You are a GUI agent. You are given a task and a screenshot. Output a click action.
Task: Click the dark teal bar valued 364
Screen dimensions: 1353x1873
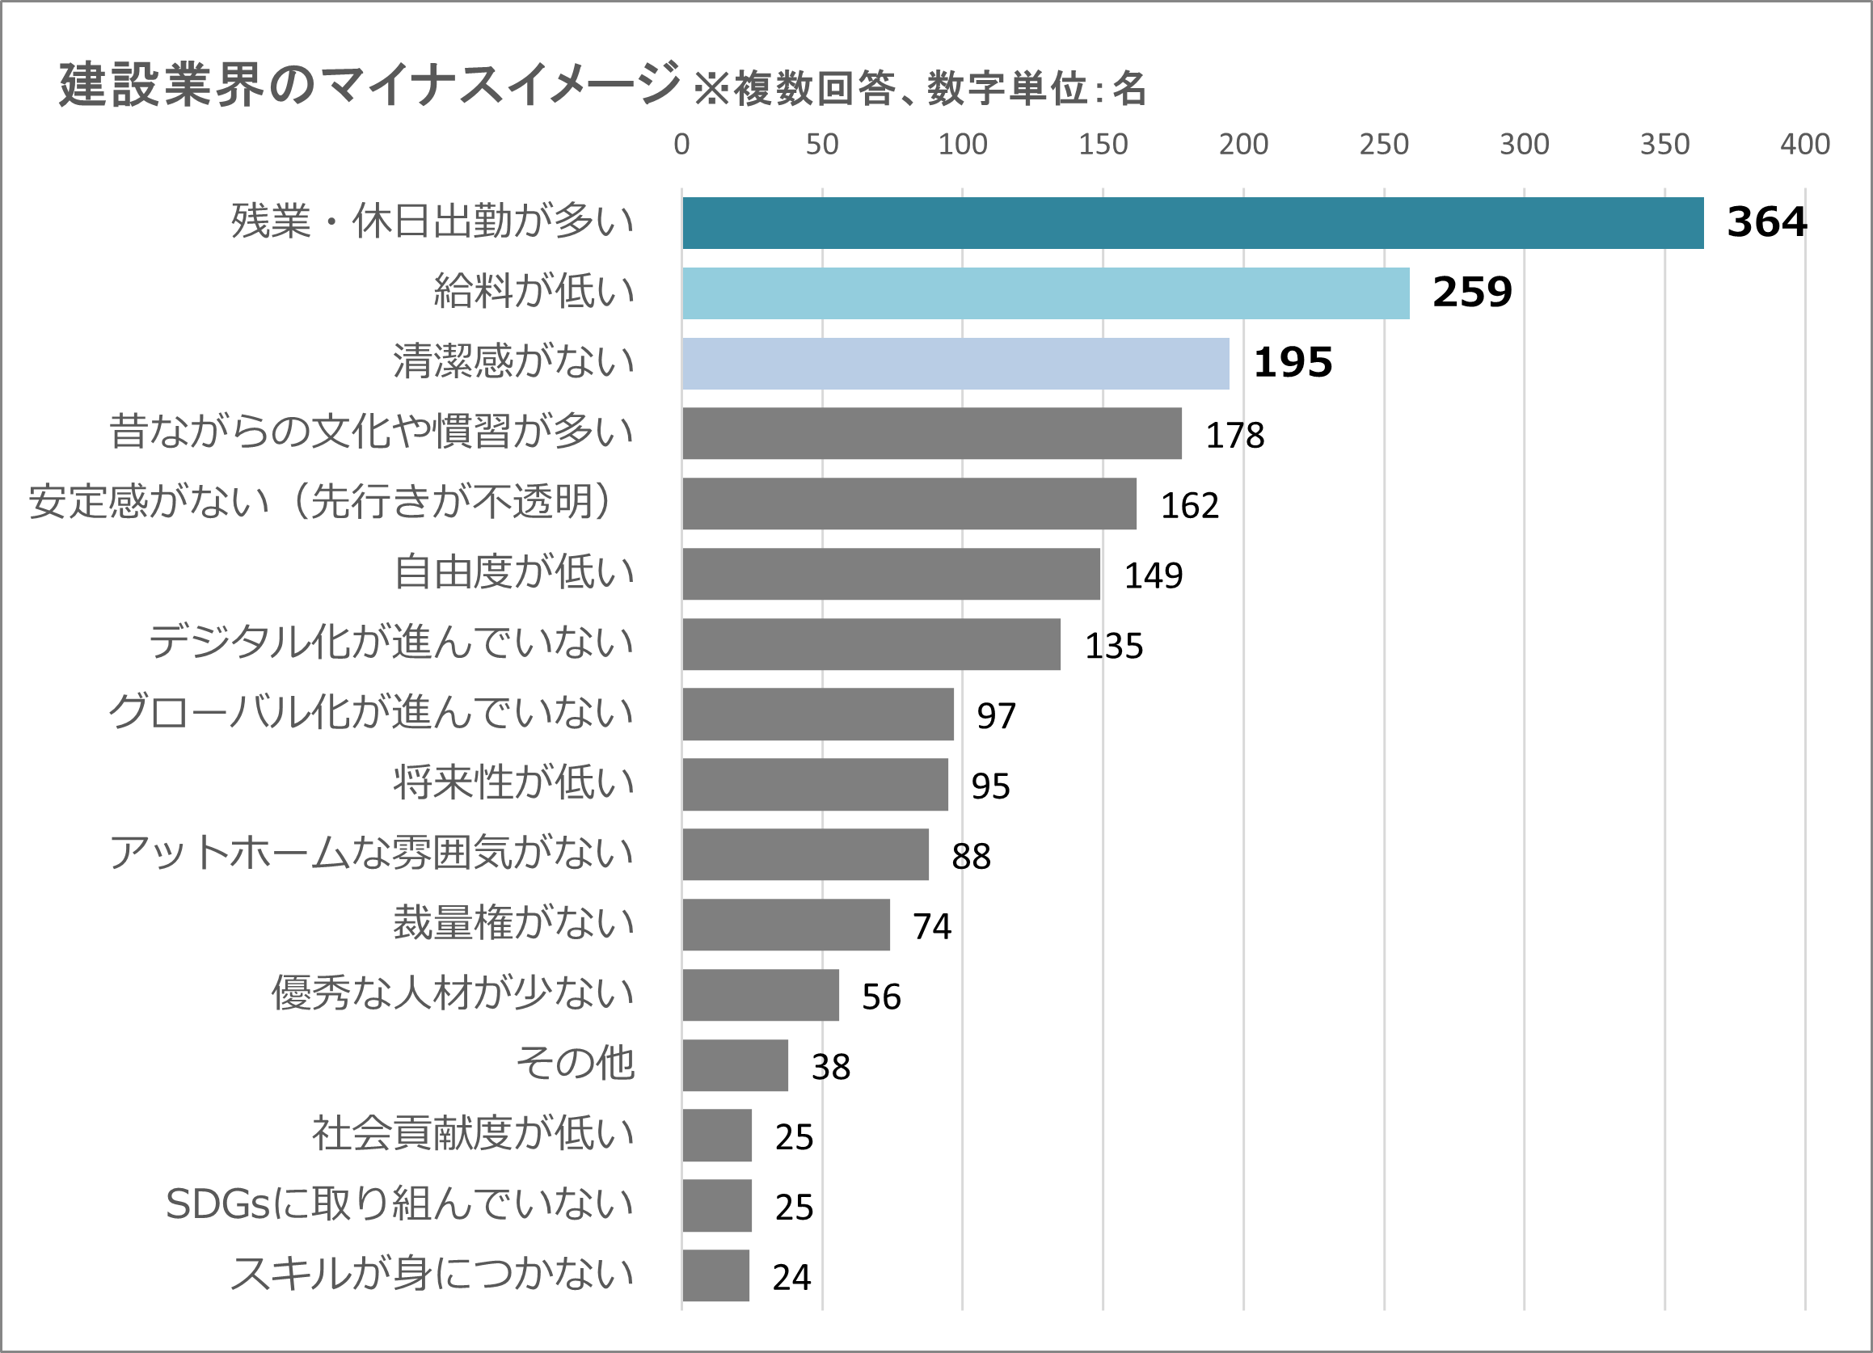1192,223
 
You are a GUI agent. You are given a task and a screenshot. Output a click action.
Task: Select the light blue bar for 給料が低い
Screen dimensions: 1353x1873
1045,293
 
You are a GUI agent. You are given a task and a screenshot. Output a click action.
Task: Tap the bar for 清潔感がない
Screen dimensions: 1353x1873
955,363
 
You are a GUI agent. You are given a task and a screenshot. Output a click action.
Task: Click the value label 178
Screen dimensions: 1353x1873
1234,435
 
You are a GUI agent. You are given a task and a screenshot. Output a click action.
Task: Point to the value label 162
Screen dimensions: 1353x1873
1189,505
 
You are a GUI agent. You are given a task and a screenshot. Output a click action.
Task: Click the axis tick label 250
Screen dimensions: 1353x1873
1384,145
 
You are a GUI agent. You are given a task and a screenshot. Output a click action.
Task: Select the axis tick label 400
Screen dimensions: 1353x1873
1804,145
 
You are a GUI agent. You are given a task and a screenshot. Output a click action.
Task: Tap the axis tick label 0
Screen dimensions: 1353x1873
681,145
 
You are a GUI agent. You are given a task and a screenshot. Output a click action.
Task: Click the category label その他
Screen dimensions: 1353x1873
575,1064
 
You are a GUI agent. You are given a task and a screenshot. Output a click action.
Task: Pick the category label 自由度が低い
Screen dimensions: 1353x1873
513,572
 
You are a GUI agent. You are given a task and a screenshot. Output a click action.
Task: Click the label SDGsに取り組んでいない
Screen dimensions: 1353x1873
399,1203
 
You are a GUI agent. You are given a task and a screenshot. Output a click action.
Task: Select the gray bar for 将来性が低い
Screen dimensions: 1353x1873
815,784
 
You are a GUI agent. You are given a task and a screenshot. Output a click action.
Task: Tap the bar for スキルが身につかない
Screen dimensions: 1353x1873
716,1275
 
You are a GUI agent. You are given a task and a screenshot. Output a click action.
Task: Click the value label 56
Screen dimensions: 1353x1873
881,997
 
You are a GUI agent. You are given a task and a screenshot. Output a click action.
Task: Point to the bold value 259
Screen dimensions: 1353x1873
1471,293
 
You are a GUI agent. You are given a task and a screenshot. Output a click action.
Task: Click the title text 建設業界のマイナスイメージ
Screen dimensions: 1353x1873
369,84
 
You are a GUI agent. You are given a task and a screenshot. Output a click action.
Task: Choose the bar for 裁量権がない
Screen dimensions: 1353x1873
787,925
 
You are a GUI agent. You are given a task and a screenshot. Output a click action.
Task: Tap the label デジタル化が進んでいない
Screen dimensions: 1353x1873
390,643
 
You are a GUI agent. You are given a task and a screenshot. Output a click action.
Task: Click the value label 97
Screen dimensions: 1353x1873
996,716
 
